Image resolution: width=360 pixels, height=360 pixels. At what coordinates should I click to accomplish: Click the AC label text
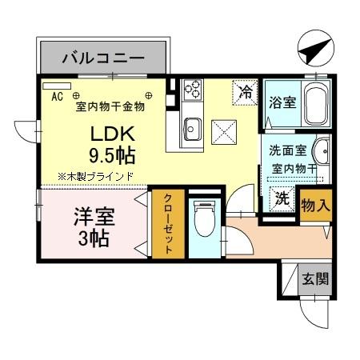[57, 97]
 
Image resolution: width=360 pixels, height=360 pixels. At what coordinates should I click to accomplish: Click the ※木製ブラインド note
[94, 175]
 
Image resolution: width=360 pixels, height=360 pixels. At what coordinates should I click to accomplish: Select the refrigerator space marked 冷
[246, 93]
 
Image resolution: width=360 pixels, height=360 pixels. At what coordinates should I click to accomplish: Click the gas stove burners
[192, 90]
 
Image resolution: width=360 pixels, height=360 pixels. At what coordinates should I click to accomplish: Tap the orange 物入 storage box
[315, 204]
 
